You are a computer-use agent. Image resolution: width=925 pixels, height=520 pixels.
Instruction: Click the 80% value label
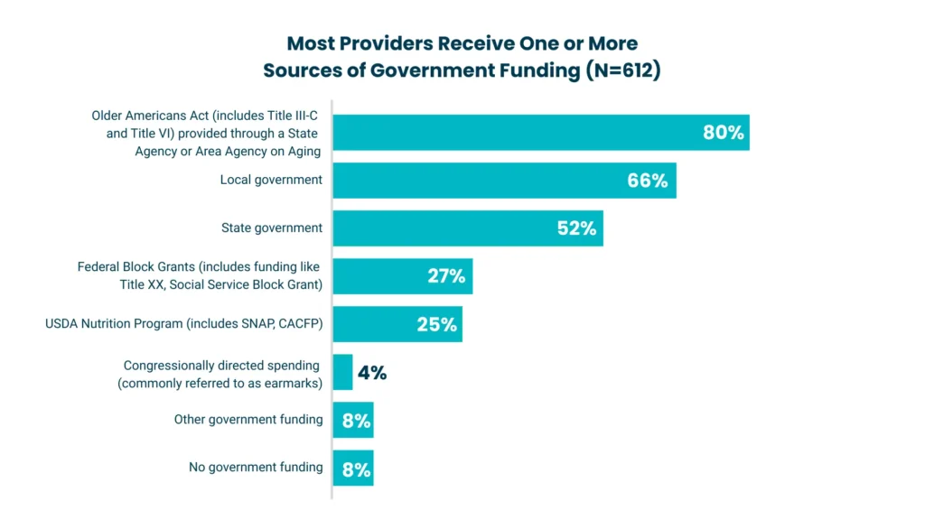click(x=723, y=133)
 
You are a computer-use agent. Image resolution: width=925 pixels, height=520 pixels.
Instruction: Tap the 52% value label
click(x=576, y=228)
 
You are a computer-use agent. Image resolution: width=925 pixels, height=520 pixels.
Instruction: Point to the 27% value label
click(x=446, y=276)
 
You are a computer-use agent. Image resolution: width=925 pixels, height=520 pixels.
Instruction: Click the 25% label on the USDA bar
click(x=436, y=324)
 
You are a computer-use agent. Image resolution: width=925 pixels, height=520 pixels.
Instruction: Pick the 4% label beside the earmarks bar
click(x=372, y=372)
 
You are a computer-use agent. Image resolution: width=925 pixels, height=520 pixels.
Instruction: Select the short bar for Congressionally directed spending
click(x=342, y=372)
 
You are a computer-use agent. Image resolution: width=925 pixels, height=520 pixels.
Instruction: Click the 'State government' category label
click(x=271, y=228)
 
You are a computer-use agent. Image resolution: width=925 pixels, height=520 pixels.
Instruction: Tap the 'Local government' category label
click(x=271, y=180)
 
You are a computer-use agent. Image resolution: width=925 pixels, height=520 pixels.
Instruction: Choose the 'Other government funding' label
click(x=248, y=420)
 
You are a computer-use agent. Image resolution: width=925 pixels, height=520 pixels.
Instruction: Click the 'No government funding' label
click(x=256, y=467)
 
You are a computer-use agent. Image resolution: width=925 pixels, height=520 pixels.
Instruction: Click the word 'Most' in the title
click(x=311, y=43)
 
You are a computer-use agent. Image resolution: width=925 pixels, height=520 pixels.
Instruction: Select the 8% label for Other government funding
click(x=356, y=421)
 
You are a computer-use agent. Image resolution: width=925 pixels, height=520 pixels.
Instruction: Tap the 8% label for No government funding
click(x=356, y=469)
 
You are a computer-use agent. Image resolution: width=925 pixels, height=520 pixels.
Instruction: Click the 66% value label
click(x=647, y=181)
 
